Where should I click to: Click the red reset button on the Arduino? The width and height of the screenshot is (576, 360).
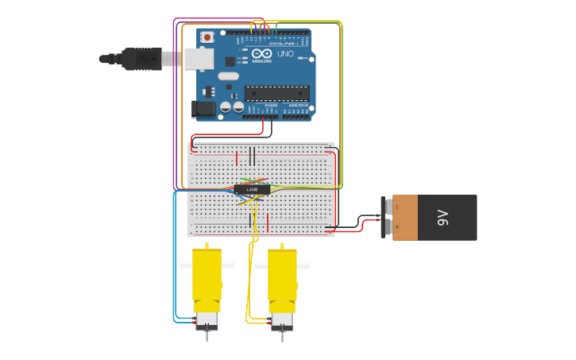point(207,37)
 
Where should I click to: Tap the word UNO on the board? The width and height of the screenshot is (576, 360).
point(285,54)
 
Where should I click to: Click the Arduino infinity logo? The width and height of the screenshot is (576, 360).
point(261,54)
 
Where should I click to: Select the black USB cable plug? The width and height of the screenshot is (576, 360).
point(141,58)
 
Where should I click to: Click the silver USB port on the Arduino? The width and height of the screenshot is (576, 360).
point(199,58)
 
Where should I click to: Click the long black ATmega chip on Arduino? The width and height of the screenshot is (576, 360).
point(276,93)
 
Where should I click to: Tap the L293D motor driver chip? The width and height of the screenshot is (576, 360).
point(252,189)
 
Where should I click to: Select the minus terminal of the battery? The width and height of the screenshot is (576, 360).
point(388,207)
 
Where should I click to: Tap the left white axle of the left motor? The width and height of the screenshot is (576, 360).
point(186,264)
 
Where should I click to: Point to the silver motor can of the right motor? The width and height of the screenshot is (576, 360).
point(282,320)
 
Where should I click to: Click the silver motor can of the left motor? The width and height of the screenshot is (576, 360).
point(207,320)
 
